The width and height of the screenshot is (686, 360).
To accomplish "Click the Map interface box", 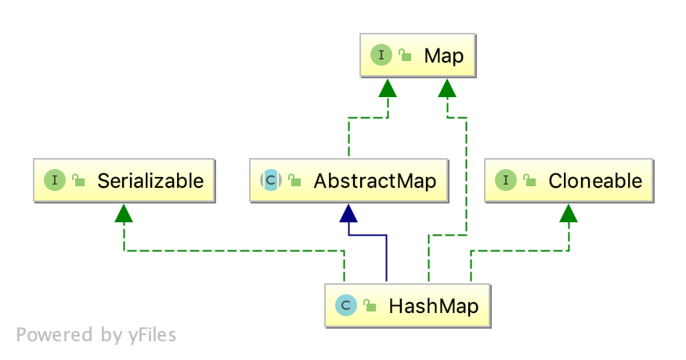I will tap(417, 56).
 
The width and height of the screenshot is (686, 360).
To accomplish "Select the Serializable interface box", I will tap(124, 182).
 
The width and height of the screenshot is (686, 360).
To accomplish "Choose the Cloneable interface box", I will tap(569, 182).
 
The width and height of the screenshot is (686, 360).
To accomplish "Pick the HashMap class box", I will tap(407, 305).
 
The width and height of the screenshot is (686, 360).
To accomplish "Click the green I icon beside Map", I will tap(381, 56).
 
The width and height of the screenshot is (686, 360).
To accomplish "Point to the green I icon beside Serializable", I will tap(55, 182).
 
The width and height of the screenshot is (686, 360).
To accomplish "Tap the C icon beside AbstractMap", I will tap(270, 182).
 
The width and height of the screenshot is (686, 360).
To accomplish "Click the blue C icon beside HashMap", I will tap(345, 305).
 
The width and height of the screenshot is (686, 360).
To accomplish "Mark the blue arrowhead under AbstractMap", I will tap(348, 212).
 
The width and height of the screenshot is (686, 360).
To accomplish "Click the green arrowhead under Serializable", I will tap(124, 212).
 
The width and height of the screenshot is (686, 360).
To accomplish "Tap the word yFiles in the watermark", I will tap(152, 336).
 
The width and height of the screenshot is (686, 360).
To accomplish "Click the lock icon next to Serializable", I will tap(78, 182).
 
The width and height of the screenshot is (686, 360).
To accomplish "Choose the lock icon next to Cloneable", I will tap(529, 182).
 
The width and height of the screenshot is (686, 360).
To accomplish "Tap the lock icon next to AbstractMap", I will tap(294, 182).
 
